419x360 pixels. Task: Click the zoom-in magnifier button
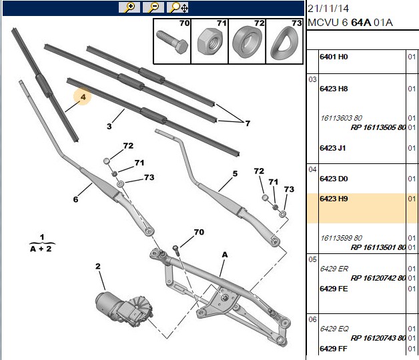coord(129,7)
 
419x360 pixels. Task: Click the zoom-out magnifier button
coord(153,7)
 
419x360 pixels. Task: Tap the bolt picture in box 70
coord(172,42)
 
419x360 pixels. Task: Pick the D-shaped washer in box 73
coord(284,44)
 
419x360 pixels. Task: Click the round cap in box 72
coord(247,42)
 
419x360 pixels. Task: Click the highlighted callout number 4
coord(83,97)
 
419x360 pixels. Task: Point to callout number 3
coord(109,126)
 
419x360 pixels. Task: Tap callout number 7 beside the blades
coord(248,123)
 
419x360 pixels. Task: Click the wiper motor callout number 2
coord(98,266)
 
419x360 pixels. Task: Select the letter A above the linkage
coord(225,255)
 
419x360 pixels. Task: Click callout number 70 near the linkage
coord(199,232)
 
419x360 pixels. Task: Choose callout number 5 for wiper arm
coord(235,173)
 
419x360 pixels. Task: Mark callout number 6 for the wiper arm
coord(75,199)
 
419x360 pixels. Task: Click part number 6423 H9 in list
coord(334,199)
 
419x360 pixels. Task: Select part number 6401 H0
coord(334,57)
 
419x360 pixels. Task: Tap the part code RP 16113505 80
coord(378,127)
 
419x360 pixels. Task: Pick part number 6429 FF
coord(334,349)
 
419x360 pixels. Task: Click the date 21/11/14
coord(328,9)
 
